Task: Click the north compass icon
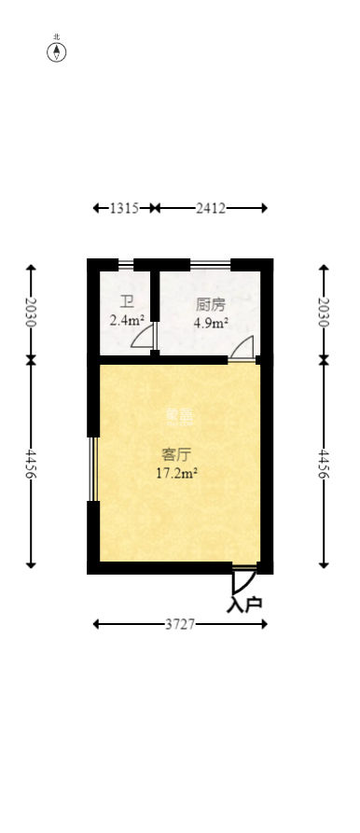(x=57, y=51)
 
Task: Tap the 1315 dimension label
(x=123, y=208)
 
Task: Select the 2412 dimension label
(x=211, y=208)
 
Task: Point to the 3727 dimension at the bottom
(x=180, y=624)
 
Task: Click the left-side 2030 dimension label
(x=31, y=312)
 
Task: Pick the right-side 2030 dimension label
(x=324, y=312)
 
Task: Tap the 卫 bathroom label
(x=127, y=302)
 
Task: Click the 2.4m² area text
(x=127, y=320)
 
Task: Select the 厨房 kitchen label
(x=210, y=305)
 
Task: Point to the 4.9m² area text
(x=210, y=323)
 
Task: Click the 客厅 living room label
(x=176, y=455)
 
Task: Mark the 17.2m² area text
(x=176, y=473)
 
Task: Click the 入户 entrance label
(x=244, y=604)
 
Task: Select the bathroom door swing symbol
(x=144, y=338)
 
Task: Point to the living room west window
(x=92, y=468)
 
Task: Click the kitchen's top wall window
(x=211, y=264)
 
